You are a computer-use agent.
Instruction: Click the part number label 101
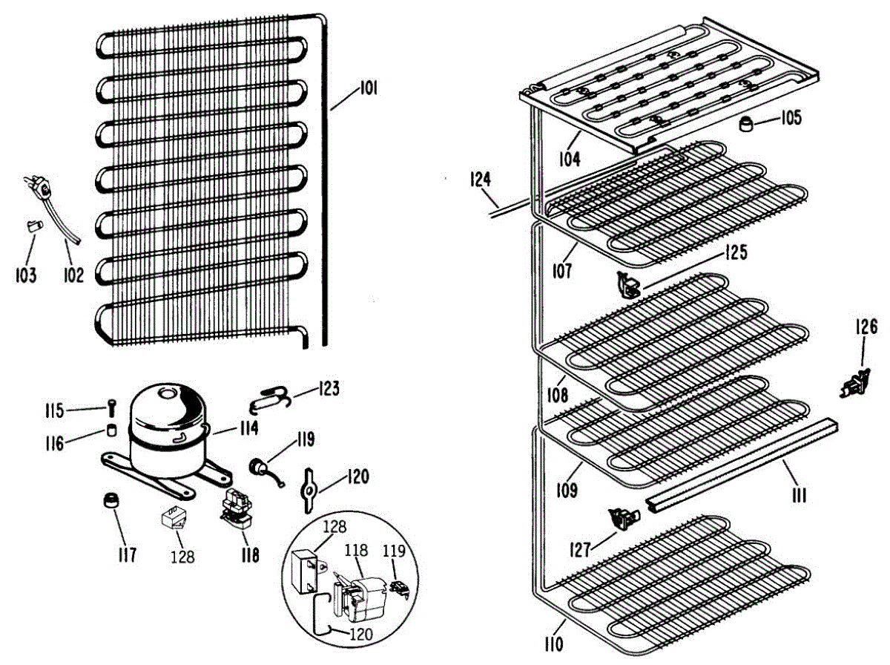tap(368, 89)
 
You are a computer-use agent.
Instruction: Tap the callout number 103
tap(26, 276)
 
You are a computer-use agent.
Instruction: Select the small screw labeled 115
tap(111, 407)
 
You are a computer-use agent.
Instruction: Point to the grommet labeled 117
tap(112, 501)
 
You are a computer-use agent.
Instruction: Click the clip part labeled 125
tap(628, 284)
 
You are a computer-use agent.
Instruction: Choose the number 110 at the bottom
tap(553, 643)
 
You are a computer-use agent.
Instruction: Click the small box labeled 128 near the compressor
tap(175, 517)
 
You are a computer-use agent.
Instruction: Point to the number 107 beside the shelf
tap(561, 271)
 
